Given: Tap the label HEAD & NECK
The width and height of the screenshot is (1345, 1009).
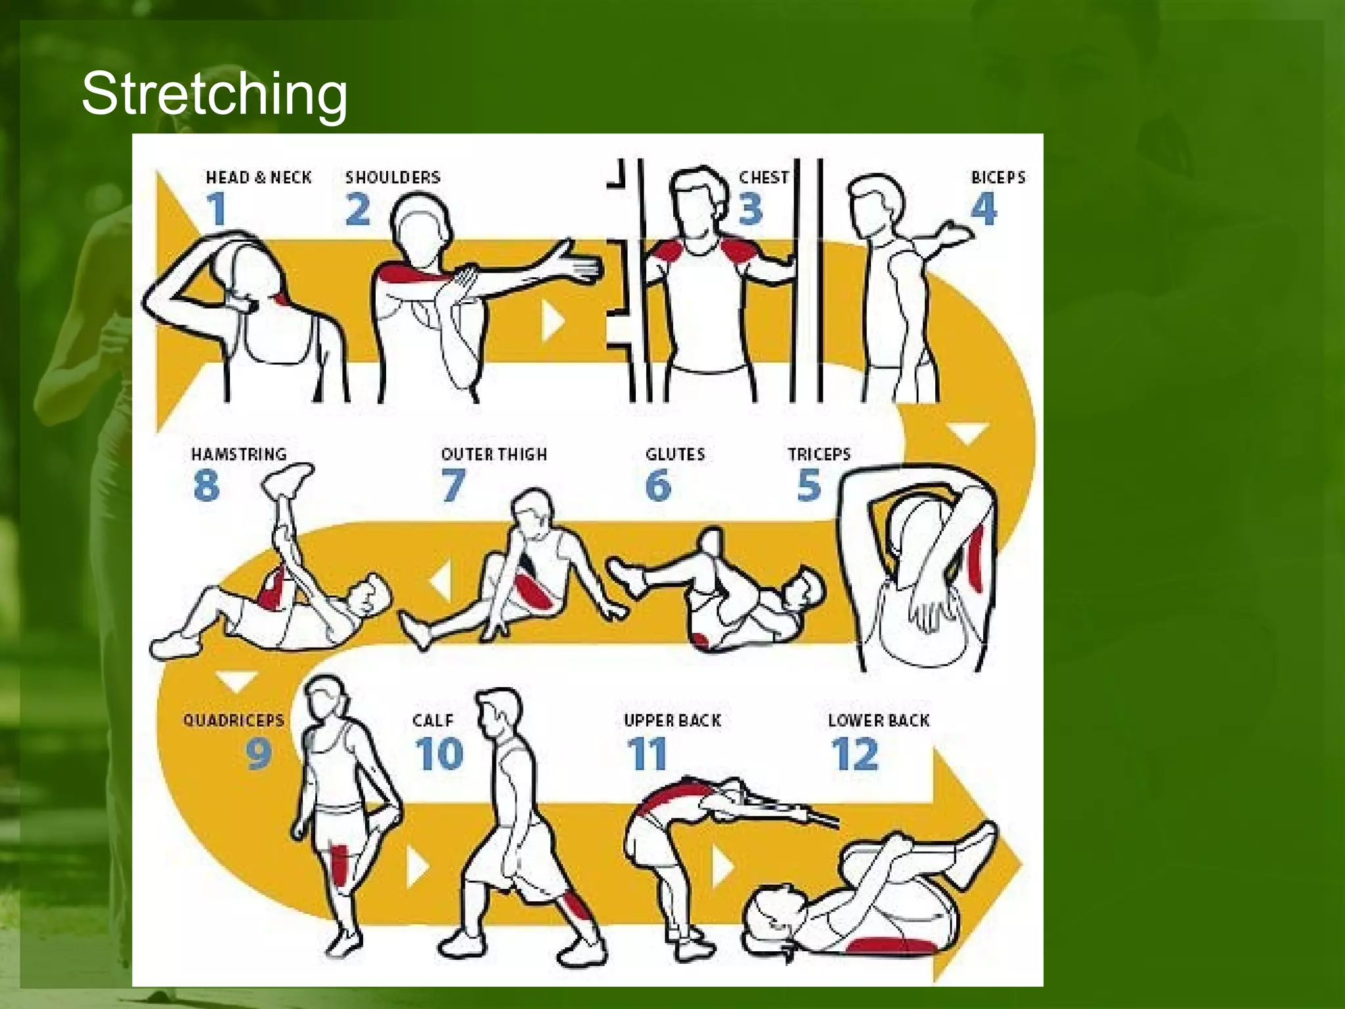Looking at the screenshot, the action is pyautogui.click(x=259, y=177).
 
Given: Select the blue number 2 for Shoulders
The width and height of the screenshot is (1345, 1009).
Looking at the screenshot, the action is pyautogui.click(x=358, y=210).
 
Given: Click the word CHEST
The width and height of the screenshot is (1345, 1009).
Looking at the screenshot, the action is pyautogui.click(x=764, y=177).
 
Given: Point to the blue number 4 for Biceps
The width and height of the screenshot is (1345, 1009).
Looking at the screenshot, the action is pyautogui.click(x=984, y=209).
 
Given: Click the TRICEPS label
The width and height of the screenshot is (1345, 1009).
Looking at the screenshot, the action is pyautogui.click(x=819, y=454).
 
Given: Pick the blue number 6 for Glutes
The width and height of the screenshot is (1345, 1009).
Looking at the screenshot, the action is pyautogui.click(x=659, y=485).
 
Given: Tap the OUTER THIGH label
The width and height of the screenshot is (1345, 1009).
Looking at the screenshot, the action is pyautogui.click(x=494, y=454).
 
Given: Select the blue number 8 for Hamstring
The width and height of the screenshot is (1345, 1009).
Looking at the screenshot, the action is pyautogui.click(x=206, y=485).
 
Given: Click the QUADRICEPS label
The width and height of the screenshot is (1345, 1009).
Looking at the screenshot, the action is pyautogui.click(x=234, y=720).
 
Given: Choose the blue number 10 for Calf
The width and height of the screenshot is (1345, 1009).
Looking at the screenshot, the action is pyautogui.click(x=439, y=753).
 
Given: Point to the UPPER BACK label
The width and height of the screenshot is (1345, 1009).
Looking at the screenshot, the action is pyautogui.click(x=672, y=721).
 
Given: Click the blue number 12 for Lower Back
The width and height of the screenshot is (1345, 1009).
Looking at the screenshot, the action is pyautogui.click(x=854, y=754).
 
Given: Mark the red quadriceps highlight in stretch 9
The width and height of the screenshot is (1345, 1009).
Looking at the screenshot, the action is pyautogui.click(x=340, y=866).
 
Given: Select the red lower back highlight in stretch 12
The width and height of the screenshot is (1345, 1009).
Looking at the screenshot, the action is pyautogui.click(x=891, y=946).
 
